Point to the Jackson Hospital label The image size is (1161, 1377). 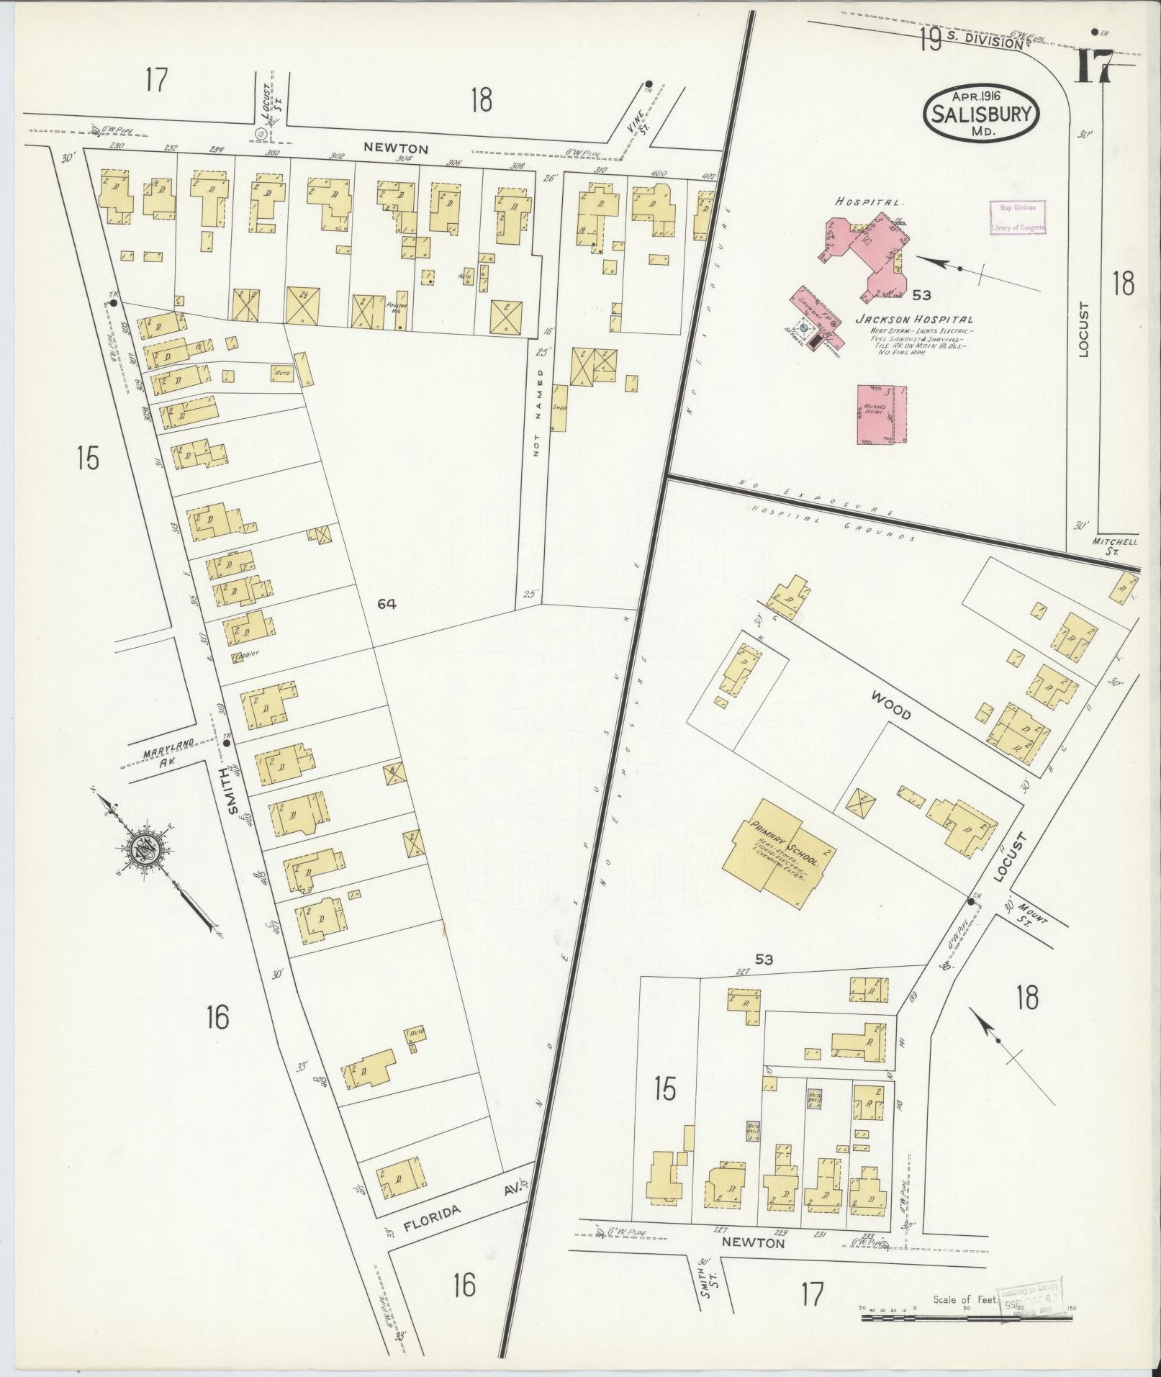(x=913, y=320)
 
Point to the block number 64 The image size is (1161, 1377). (x=387, y=605)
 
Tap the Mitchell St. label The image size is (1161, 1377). (x=1114, y=546)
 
